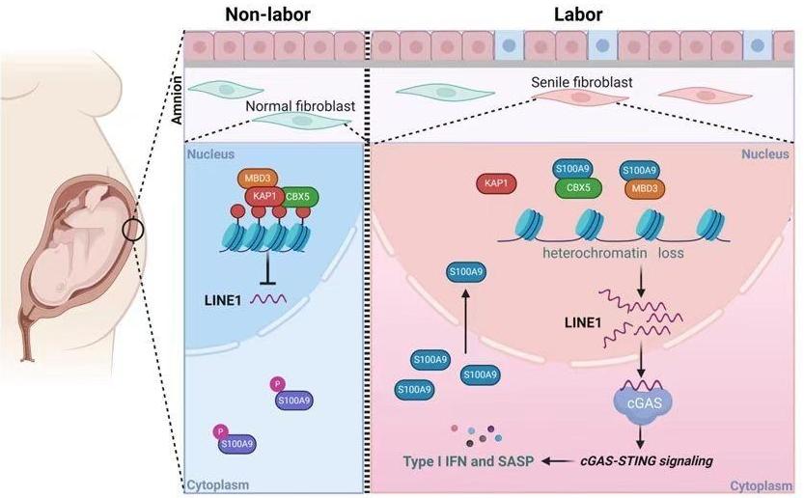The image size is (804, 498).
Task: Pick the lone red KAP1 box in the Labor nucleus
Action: (x=496, y=181)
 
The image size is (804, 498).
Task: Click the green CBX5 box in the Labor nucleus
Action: (x=571, y=186)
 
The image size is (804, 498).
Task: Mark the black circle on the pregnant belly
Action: (x=135, y=230)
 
